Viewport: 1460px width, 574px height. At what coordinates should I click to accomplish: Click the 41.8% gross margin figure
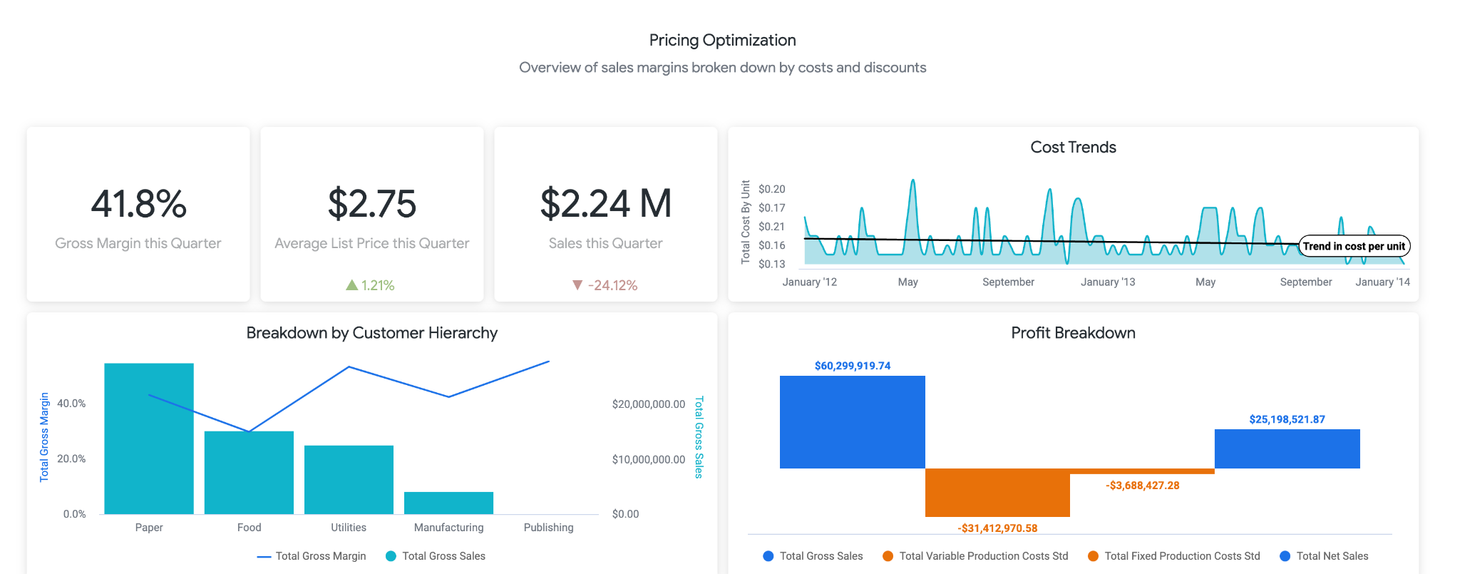(x=138, y=204)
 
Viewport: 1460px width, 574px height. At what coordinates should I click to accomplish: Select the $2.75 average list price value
(x=371, y=204)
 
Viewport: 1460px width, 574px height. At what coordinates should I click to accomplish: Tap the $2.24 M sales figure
(x=606, y=204)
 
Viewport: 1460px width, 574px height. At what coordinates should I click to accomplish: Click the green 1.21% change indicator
(x=371, y=285)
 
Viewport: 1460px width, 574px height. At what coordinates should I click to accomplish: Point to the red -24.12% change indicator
(x=605, y=285)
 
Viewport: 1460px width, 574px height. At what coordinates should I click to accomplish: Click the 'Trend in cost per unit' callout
(x=1354, y=246)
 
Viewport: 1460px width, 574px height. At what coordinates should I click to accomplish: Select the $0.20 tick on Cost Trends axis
(x=771, y=189)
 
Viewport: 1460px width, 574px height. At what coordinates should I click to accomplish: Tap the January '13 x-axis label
(x=1107, y=282)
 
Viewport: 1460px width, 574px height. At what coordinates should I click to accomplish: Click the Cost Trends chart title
(x=1073, y=148)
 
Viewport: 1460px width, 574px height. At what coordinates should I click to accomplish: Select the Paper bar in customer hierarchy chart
(x=149, y=439)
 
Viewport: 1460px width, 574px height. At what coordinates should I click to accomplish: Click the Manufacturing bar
(x=448, y=503)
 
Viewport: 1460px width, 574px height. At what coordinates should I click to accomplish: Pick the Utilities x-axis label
(x=349, y=528)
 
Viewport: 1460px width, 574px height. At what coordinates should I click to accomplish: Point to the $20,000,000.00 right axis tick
(x=648, y=404)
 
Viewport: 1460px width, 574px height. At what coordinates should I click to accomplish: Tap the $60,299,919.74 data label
(x=852, y=366)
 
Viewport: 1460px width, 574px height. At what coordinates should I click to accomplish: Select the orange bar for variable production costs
(x=997, y=492)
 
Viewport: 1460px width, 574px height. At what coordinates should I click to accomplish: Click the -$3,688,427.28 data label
(x=1142, y=486)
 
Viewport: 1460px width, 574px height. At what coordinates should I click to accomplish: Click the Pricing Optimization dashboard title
(x=722, y=41)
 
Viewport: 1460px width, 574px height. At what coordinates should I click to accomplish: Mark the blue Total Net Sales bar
(x=1287, y=449)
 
